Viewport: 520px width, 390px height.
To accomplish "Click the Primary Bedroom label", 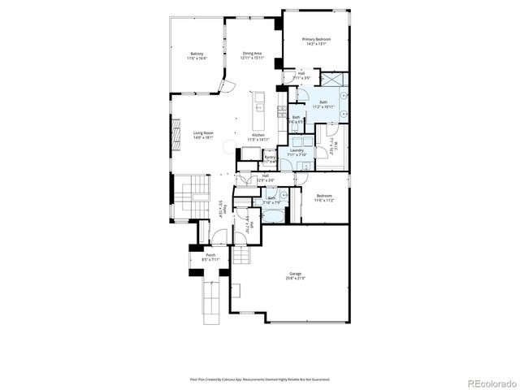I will (x=315, y=38).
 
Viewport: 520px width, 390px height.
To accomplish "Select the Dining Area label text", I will (x=251, y=54).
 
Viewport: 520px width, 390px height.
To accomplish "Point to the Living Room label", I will (x=203, y=133).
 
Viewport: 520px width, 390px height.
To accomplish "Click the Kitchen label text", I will (x=258, y=135).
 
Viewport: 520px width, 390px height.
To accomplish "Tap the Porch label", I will (x=210, y=255).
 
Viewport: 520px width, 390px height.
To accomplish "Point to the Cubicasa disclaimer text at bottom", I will (x=260, y=378).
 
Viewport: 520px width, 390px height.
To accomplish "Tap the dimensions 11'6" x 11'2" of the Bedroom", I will (x=323, y=200).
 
